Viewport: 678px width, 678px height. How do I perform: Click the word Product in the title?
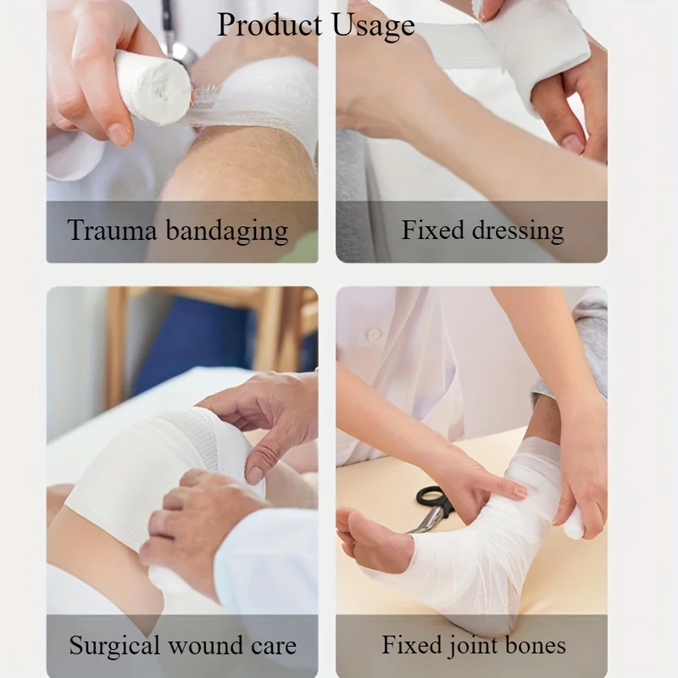[x=270, y=25]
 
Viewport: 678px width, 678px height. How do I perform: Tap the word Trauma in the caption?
[x=112, y=230]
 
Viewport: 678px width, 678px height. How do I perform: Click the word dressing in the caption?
[x=518, y=231]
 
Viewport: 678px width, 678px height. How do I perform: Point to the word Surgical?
[x=114, y=646]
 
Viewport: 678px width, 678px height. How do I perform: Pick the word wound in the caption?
[x=205, y=646]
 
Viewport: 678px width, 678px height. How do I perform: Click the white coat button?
[x=373, y=333]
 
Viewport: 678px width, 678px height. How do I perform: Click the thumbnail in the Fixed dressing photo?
[x=573, y=142]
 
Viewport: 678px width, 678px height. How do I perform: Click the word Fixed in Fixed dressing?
[x=432, y=230]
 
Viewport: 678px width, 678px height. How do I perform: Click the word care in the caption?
[x=274, y=646]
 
